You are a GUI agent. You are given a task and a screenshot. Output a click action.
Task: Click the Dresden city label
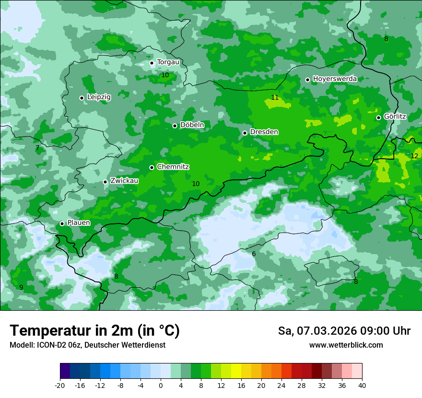[264, 132]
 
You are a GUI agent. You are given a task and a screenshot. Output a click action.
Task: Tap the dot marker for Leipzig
[82, 98]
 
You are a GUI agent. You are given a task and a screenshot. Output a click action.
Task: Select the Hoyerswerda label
[335, 79]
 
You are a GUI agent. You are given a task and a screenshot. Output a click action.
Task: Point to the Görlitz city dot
[378, 117]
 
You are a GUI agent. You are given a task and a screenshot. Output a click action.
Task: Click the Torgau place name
[168, 62]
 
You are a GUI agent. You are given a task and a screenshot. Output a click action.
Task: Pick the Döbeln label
[192, 125]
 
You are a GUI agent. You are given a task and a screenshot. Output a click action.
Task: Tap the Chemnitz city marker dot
[152, 167]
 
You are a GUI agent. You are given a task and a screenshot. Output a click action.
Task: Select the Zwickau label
[124, 181]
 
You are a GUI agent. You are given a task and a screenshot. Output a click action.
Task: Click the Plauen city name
[79, 222]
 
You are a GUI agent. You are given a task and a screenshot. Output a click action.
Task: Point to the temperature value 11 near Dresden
[275, 97]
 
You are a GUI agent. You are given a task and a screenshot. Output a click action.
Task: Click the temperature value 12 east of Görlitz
[414, 156]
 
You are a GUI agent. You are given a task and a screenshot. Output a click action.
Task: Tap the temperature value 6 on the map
[254, 254]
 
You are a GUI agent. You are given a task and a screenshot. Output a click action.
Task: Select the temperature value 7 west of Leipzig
[37, 148]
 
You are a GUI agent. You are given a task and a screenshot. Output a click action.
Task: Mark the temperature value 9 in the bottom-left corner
[21, 287]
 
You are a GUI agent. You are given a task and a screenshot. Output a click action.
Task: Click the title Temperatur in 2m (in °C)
[95, 331]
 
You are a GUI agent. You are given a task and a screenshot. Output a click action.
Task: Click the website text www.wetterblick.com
[346, 345]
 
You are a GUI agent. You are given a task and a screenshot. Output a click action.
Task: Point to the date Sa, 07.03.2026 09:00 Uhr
[344, 331]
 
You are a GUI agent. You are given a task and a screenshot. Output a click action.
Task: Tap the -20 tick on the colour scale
[60, 386]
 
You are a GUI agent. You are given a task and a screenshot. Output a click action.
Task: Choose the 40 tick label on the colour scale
[362, 386]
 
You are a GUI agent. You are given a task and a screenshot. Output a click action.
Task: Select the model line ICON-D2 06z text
[87, 345]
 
